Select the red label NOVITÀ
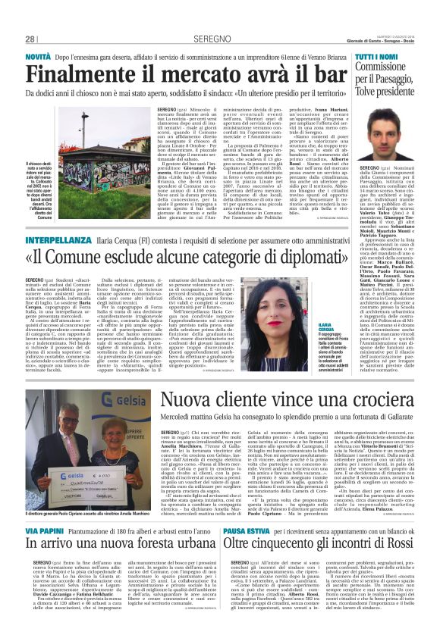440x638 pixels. tap(39, 58)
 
